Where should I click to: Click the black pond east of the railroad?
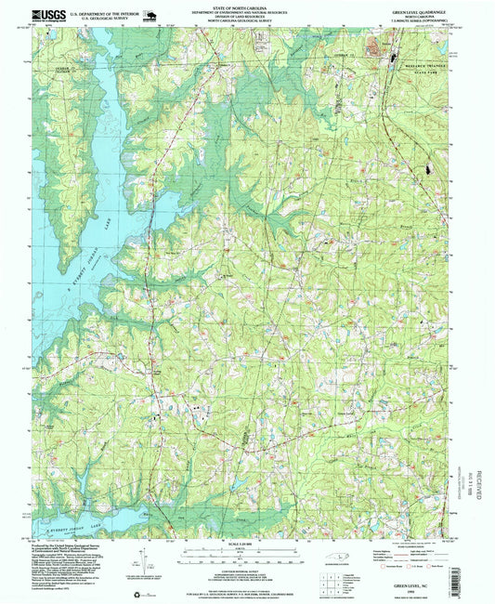[426, 171]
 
